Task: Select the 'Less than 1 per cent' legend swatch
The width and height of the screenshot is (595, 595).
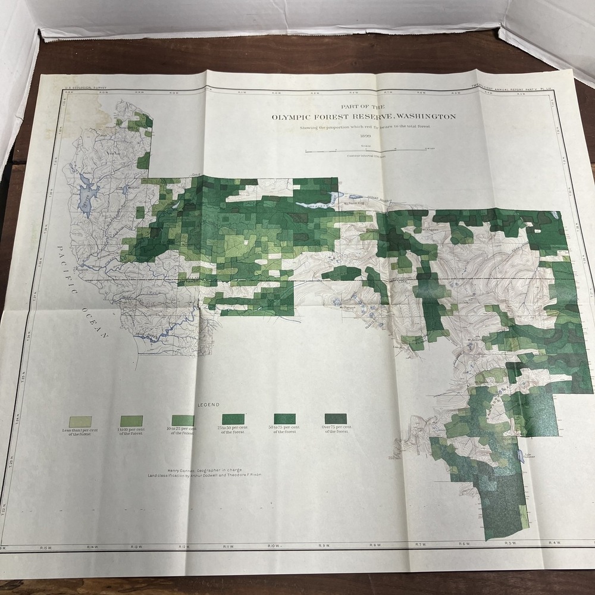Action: [x=80, y=421]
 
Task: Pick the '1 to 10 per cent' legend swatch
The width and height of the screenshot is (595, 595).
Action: [x=131, y=421]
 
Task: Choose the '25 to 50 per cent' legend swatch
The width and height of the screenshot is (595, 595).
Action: [x=233, y=419]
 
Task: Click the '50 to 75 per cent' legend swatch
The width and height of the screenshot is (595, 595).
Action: [x=284, y=418]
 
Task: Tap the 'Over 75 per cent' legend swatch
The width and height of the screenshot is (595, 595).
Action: [x=336, y=418]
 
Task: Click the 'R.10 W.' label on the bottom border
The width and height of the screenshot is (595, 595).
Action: [x=274, y=546]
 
